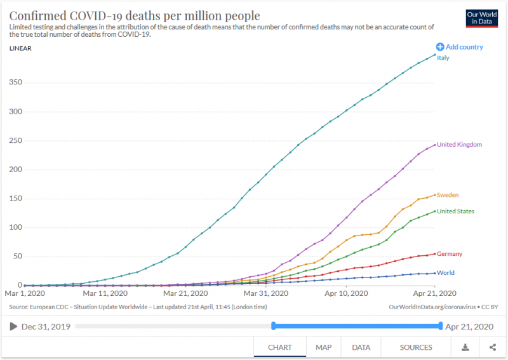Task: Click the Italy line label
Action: pyautogui.click(x=443, y=58)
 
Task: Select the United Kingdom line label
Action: pyautogui.click(x=459, y=144)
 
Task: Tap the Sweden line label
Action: pyautogui.click(x=448, y=195)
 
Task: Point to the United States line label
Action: pyautogui.click(x=455, y=211)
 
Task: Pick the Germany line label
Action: pyautogui.click(x=450, y=254)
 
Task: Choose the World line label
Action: pyautogui.click(x=446, y=273)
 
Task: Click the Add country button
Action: pyautogui.click(x=459, y=47)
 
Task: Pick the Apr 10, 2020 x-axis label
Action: pyautogui.click(x=347, y=294)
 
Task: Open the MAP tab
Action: pyautogui.click(x=324, y=347)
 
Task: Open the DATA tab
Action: pyautogui.click(x=361, y=347)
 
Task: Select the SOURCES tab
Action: pyautogui.click(x=416, y=347)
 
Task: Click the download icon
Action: pyautogui.click(x=465, y=347)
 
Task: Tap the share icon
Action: pyautogui.click(x=493, y=347)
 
